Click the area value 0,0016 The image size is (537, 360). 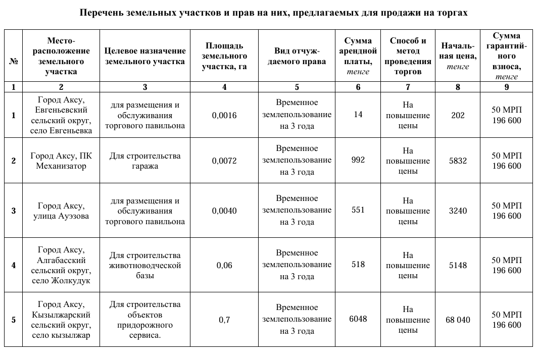point(224,116)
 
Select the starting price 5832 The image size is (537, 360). point(458,161)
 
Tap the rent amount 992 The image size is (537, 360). point(358,160)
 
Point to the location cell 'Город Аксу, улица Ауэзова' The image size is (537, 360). point(61,211)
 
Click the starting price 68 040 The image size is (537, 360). point(458,320)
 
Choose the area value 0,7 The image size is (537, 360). point(224,320)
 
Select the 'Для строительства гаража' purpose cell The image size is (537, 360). point(145,161)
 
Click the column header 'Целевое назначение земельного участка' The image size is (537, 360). point(145,56)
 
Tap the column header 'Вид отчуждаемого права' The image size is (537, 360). point(297,56)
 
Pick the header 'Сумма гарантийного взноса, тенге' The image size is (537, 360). point(507,56)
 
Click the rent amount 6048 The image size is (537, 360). point(358,319)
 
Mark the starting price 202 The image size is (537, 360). point(458,116)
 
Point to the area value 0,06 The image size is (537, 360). point(224,266)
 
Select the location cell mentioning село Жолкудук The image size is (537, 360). point(61,266)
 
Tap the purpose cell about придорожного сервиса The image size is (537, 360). point(145,320)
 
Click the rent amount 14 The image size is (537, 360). point(358,115)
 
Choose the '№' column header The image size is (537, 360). point(13,61)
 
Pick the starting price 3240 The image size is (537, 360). point(458,211)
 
